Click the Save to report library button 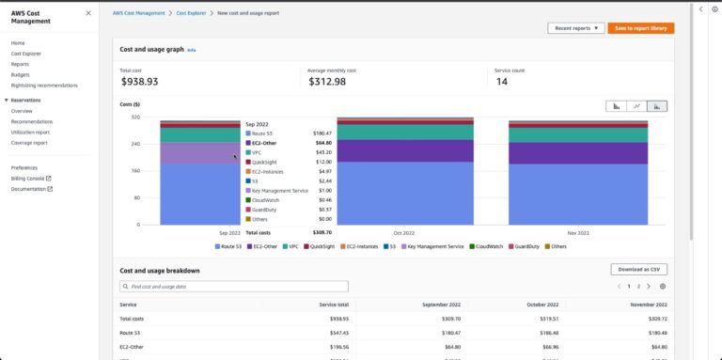pos(640,28)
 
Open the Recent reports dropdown pos(574,28)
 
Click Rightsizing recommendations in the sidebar pos(44,86)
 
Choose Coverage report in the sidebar pos(29,143)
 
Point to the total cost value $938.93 pos(139,82)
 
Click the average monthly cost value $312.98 pos(327,82)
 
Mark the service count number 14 pos(501,82)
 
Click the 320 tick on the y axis pos(135,117)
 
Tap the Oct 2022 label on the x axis pos(403,232)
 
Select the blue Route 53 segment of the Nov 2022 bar pos(578,194)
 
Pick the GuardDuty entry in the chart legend pos(524,246)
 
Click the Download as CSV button pos(638,270)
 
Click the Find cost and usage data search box pos(234,286)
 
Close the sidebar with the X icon pos(88,13)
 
